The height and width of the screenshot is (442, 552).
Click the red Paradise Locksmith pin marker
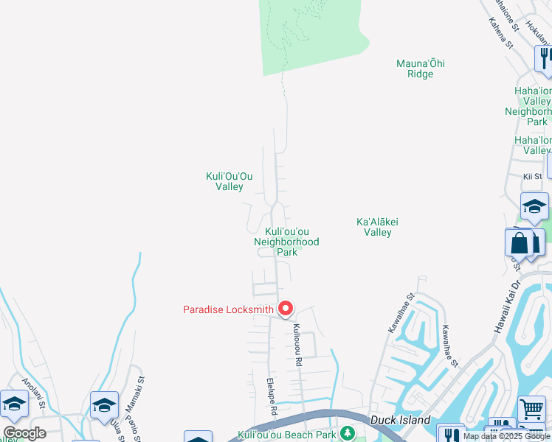[285, 309]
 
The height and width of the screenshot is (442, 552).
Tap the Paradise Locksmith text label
[228, 309]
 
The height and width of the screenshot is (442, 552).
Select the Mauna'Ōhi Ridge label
[421, 69]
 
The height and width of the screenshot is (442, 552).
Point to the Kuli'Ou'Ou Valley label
[229, 181]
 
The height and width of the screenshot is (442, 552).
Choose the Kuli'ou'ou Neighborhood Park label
[286, 242]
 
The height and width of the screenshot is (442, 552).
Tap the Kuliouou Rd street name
[298, 345]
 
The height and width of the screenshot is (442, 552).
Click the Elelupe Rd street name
[271, 396]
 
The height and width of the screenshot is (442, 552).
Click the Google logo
[24, 433]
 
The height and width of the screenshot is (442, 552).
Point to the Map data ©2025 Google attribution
[508, 437]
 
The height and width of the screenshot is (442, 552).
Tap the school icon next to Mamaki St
[104, 404]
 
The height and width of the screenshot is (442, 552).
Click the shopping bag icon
[520, 242]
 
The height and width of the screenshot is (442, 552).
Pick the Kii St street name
[532, 177]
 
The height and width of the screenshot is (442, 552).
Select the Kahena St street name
[500, 34]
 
